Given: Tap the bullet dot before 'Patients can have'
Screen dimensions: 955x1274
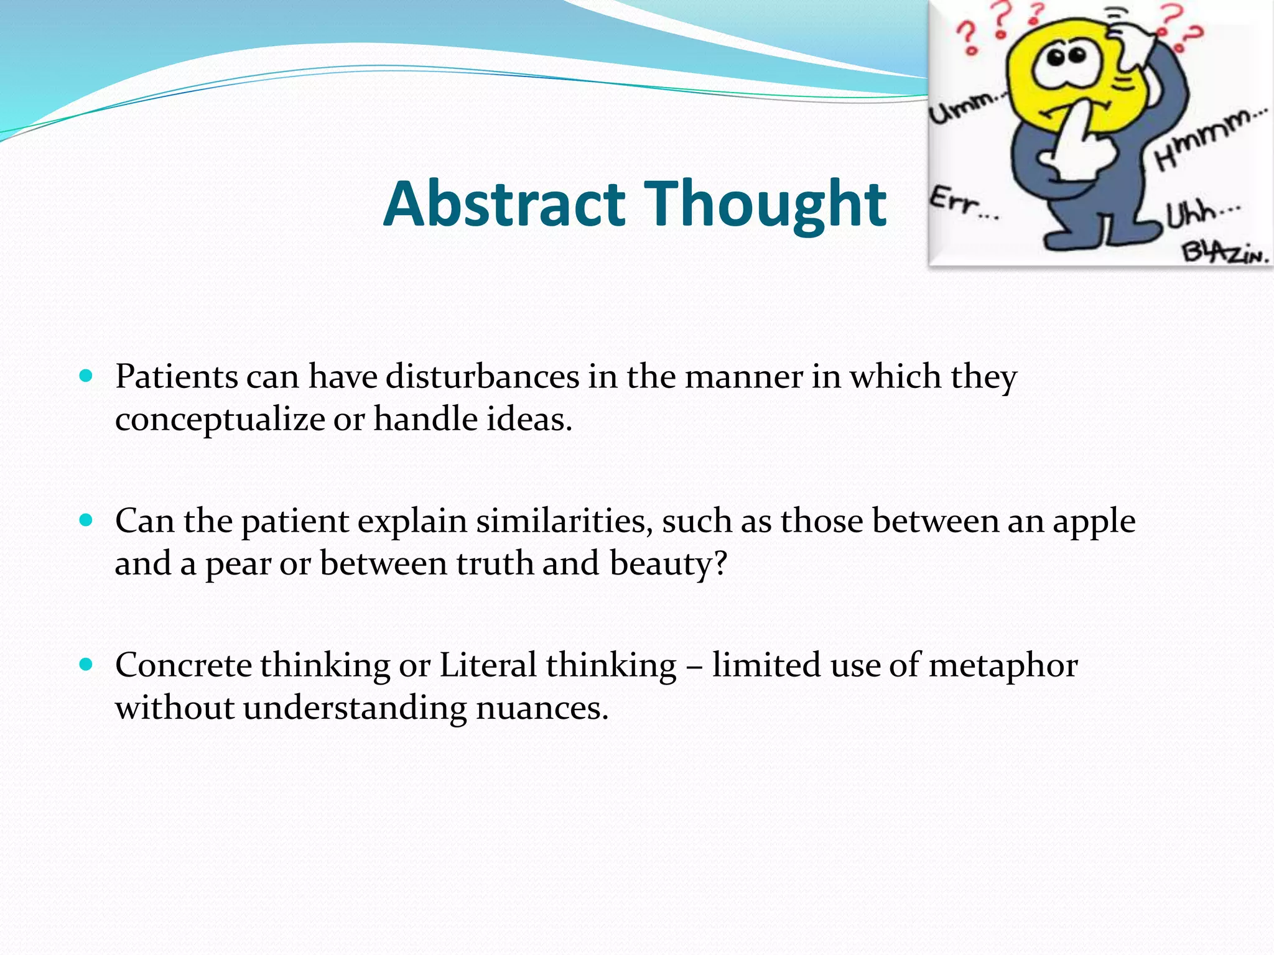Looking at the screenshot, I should tap(86, 376).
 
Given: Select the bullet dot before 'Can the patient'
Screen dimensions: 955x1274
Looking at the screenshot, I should tap(86, 520).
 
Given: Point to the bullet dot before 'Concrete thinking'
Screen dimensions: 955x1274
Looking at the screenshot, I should tap(86, 665).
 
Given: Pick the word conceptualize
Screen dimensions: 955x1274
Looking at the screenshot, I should tap(220, 420).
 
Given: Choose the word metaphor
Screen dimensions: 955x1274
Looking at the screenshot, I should tap(1003, 666).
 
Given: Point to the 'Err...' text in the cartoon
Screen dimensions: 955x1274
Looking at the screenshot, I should tap(963, 204).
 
